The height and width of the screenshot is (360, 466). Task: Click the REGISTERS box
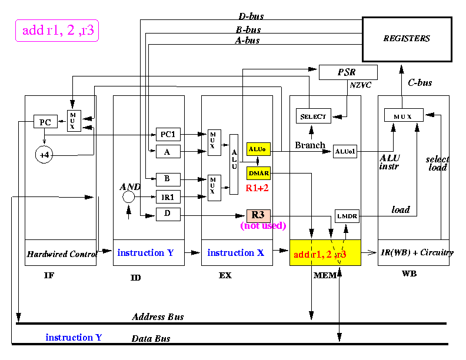407,39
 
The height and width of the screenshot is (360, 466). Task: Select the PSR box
348,72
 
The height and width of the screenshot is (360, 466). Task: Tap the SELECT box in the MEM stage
313,116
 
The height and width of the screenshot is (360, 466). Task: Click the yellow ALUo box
258,149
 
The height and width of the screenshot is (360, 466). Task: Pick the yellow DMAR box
258,173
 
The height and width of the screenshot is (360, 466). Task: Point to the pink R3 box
258,216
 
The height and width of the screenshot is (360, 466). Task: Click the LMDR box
347,216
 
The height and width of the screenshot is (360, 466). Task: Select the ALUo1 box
345,152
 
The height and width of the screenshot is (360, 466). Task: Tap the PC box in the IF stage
45,122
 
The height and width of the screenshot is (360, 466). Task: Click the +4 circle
44,155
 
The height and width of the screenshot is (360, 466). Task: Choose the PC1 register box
168,134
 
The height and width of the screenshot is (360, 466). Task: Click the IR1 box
168,196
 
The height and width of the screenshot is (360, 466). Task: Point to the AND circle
128,196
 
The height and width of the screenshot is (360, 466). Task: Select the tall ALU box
234,164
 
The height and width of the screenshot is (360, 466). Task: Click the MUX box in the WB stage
404,115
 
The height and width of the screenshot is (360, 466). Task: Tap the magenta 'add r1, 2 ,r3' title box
57,31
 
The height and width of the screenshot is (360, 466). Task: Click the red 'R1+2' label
257,188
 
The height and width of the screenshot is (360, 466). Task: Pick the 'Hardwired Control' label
62,254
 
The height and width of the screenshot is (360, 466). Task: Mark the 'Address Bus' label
158,316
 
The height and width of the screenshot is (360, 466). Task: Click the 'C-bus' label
420,82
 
